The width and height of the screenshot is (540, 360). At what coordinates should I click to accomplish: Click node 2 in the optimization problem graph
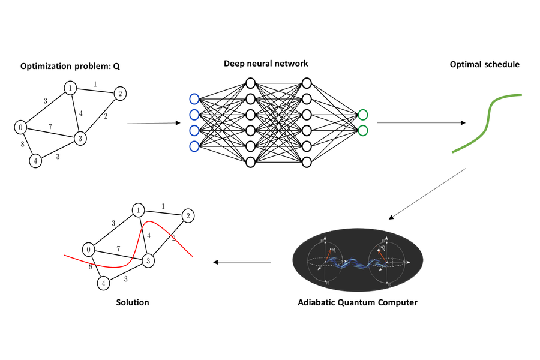pyautogui.click(x=119, y=94)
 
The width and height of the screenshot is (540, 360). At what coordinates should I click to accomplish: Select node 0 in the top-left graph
pyautogui.click(x=20, y=127)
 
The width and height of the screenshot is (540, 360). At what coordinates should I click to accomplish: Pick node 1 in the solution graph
pyautogui.click(x=139, y=211)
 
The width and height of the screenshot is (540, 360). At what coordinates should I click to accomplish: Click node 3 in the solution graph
pyautogui.click(x=147, y=260)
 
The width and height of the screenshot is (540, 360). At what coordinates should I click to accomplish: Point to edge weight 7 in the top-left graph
pyautogui.click(x=51, y=126)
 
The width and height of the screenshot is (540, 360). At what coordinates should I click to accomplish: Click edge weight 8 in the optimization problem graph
pyautogui.click(x=23, y=145)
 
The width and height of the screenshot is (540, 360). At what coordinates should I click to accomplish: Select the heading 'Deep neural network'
pyautogui.click(x=266, y=63)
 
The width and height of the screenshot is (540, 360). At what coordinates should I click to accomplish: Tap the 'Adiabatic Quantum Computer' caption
pyautogui.click(x=358, y=302)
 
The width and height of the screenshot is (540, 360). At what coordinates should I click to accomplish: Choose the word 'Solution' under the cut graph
pyautogui.click(x=133, y=302)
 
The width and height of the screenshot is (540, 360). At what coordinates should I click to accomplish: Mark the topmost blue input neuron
pyautogui.click(x=194, y=99)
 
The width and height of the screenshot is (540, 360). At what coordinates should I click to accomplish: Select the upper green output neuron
pyautogui.click(x=362, y=115)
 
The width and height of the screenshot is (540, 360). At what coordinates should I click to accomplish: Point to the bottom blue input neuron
pyautogui.click(x=194, y=146)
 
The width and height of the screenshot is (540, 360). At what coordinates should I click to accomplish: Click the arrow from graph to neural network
pyautogui.click(x=154, y=124)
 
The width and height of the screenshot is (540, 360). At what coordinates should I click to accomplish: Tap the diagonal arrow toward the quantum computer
pyautogui.click(x=427, y=193)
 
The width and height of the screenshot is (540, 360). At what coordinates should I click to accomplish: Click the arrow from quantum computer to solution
pyautogui.click(x=242, y=262)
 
